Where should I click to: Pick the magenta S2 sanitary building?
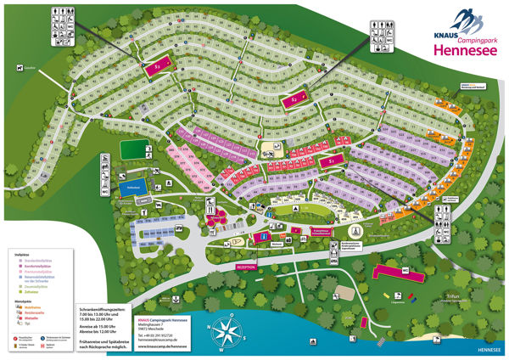294,100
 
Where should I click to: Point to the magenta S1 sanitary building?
332,159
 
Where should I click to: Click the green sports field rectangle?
133,149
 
